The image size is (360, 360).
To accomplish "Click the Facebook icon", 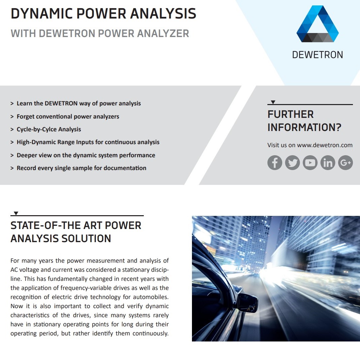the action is [x=274, y=163].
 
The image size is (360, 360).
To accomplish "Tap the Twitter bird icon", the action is [x=292, y=163].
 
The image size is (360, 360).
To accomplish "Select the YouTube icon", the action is [x=310, y=163].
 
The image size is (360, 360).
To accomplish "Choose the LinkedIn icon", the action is [x=328, y=163].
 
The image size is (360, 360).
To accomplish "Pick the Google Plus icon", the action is [x=345, y=163].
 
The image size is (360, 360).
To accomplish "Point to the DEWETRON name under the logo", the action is [x=318, y=55].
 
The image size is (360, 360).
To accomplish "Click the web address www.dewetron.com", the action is [x=325, y=145].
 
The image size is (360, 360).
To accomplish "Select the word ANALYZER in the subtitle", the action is [x=163, y=34].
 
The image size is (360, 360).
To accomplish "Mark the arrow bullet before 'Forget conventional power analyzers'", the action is [x=12, y=117].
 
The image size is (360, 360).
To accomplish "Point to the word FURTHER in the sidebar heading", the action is [x=290, y=114].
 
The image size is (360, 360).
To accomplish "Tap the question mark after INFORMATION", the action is [x=338, y=127].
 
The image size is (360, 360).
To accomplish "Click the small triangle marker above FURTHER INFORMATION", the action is [x=273, y=102].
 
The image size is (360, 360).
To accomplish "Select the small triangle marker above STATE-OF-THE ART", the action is [x=16, y=213].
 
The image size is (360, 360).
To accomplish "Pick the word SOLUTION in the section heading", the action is [x=86, y=238].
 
